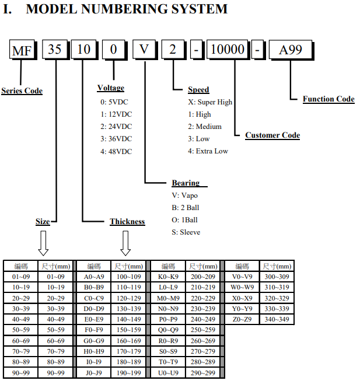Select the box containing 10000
click(x=228, y=50)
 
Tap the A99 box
click(x=291, y=50)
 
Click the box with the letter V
click(x=144, y=50)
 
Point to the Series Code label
click(x=22, y=91)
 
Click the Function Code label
click(x=328, y=99)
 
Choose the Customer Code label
click(x=272, y=135)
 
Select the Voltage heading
click(x=111, y=88)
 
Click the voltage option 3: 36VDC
click(x=116, y=139)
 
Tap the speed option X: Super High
click(x=210, y=102)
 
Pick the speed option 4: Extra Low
click(x=208, y=151)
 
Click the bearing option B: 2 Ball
click(x=186, y=208)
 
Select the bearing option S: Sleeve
click(x=186, y=232)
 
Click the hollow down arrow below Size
click(x=43, y=243)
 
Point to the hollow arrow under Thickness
click(x=125, y=243)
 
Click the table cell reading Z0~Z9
click(x=242, y=319)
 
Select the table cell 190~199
click(x=129, y=373)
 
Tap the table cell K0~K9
click(x=168, y=277)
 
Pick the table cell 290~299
click(x=203, y=373)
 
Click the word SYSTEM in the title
click(x=200, y=9)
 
